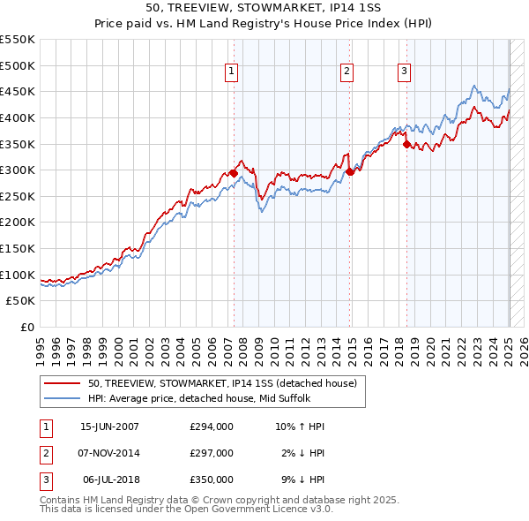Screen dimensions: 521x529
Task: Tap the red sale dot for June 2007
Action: coord(234,174)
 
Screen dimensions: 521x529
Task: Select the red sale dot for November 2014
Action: coord(350,172)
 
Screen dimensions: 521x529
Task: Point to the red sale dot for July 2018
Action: coord(406,145)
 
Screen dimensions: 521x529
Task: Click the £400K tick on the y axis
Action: coord(18,117)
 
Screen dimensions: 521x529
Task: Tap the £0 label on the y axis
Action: coord(27,327)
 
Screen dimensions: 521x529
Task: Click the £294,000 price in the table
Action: coord(211,427)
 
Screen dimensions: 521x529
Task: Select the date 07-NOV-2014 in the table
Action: coord(109,453)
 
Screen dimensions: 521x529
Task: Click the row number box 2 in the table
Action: coord(43,453)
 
